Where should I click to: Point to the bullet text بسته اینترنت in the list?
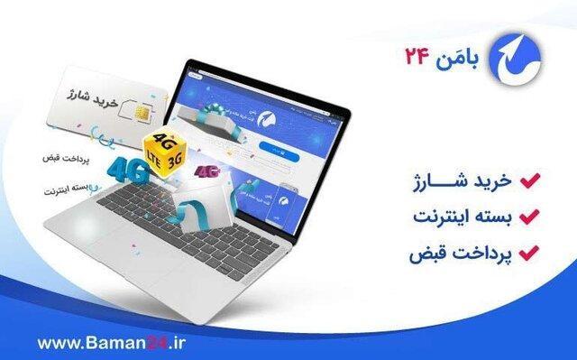pos(463,217)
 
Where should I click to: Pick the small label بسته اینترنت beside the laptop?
pos(68,191)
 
